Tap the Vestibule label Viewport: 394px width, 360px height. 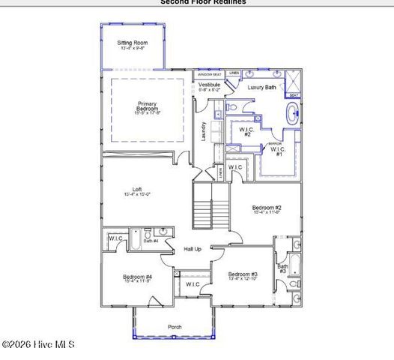210,87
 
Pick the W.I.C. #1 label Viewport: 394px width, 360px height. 276,150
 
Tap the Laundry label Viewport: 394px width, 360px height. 203,132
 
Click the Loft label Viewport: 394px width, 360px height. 137,191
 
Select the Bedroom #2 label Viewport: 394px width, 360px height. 266,209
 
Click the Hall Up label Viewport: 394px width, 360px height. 193,248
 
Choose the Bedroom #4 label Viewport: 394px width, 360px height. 137,278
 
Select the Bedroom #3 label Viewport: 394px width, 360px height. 243,275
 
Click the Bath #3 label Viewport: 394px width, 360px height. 282,268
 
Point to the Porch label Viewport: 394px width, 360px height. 175,326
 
